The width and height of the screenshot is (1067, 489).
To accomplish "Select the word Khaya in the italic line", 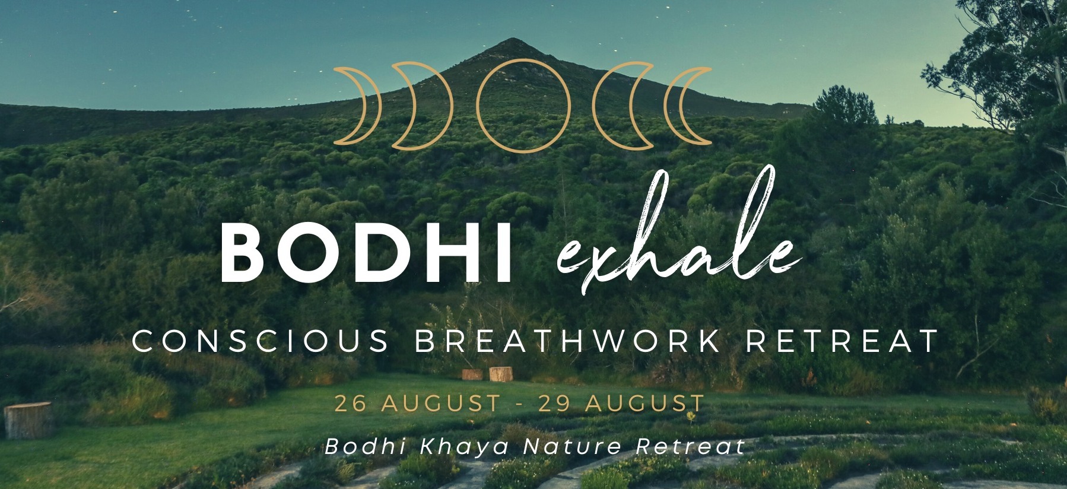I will (x=464, y=447).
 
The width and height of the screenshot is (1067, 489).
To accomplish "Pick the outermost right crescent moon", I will (x=686, y=106).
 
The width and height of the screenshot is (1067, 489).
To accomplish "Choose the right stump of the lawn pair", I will (x=501, y=374).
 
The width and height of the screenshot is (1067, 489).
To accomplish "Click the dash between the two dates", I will (x=520, y=404).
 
